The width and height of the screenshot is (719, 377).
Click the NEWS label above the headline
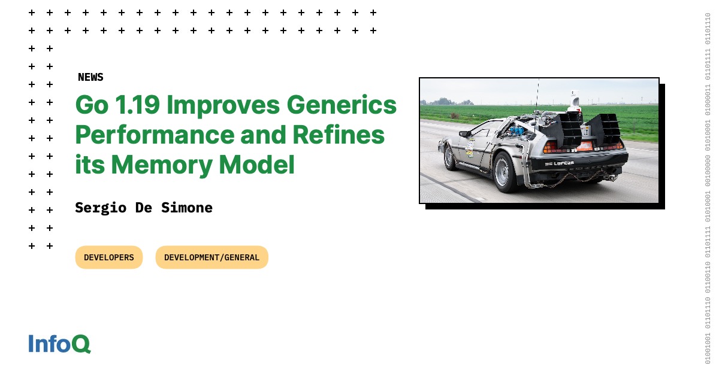[x=90, y=77]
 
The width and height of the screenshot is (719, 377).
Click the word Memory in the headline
[x=161, y=165]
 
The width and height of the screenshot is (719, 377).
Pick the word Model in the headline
[x=264, y=165]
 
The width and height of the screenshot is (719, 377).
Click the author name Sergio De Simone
[x=144, y=208]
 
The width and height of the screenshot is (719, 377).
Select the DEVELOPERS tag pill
[x=109, y=257]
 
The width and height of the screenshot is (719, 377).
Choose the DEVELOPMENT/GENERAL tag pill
[x=212, y=257]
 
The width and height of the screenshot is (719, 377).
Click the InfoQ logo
[x=59, y=343]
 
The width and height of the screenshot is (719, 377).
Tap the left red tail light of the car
[x=554, y=147]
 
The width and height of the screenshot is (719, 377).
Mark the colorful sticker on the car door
[x=470, y=144]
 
